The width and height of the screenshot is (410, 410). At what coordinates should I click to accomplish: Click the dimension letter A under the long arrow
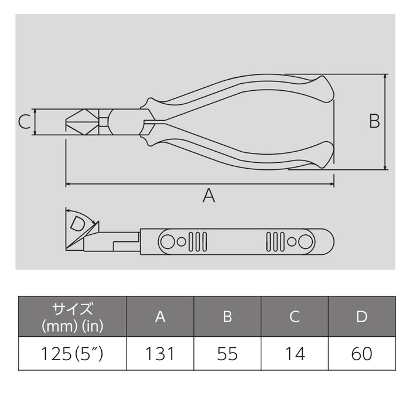tap(209, 196)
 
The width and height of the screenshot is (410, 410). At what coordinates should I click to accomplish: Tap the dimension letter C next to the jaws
tap(24, 122)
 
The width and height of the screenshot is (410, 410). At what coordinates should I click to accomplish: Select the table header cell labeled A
tap(160, 317)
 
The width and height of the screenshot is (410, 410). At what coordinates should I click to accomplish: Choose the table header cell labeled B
tap(227, 317)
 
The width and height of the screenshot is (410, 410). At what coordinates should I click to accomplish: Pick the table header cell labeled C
tap(295, 317)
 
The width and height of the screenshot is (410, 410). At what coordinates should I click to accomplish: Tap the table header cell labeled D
tap(362, 317)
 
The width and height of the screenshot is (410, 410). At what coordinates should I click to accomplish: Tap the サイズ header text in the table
tap(73, 309)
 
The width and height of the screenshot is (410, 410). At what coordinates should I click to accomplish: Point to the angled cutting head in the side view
tap(82, 237)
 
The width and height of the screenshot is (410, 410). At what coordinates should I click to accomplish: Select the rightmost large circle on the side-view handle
tap(305, 241)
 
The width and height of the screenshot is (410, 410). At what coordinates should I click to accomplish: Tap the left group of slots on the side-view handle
tap(199, 241)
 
